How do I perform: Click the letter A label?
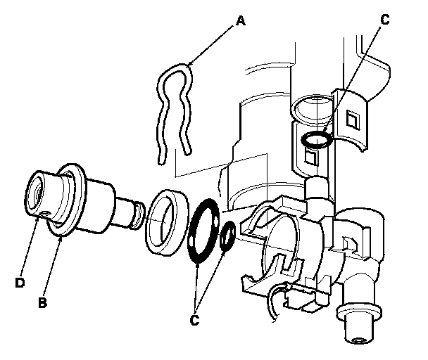(x=241, y=20)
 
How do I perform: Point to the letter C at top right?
(x=384, y=20)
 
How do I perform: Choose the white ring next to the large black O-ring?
(x=168, y=221)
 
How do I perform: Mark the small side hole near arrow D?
(x=45, y=212)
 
